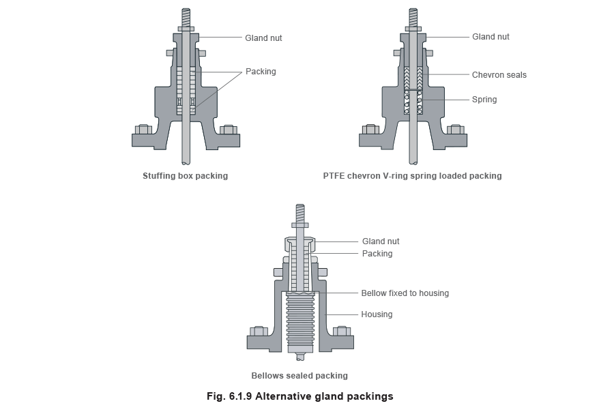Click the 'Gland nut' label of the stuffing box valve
click(263, 38)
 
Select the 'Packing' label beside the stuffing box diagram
click(260, 72)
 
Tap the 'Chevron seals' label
click(499, 75)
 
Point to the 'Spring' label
click(484, 100)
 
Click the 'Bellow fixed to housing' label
click(405, 293)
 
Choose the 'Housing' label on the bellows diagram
click(377, 315)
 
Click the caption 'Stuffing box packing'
click(185, 176)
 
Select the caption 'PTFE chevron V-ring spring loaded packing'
click(412, 176)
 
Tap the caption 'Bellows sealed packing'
click(299, 376)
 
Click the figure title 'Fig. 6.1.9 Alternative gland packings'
click(300, 396)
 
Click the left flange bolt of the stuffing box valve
click(143, 129)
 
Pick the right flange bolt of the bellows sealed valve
click(341, 332)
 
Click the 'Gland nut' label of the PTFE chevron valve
click(491, 37)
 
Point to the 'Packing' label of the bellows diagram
click(377, 254)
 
